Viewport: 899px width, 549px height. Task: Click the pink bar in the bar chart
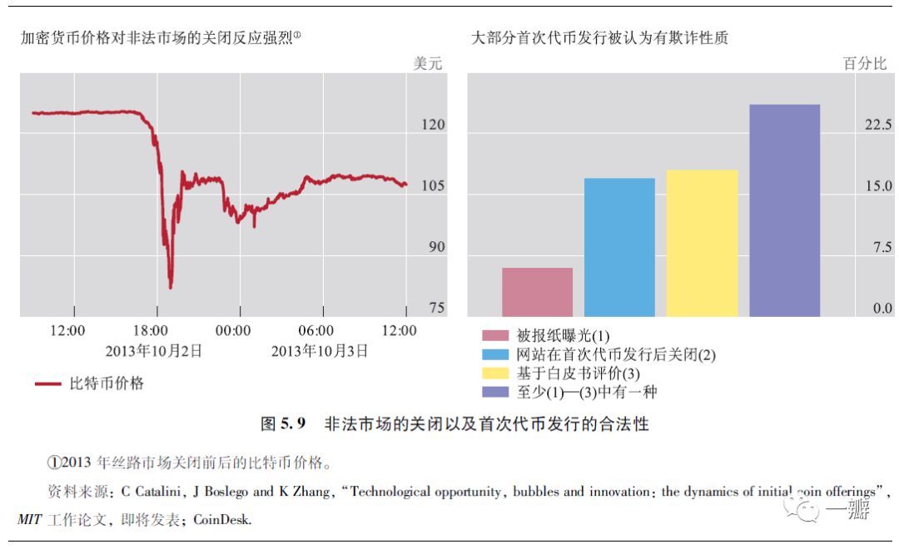point(537,292)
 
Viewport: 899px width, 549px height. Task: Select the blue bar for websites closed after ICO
point(619,247)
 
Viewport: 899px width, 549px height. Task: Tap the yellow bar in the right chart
point(702,243)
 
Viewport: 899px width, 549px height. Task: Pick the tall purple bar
point(784,210)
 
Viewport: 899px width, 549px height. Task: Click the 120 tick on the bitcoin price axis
point(432,125)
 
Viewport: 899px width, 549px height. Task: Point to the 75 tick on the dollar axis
point(436,309)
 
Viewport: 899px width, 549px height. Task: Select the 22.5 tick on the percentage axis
point(877,125)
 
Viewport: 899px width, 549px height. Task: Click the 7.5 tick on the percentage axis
point(881,247)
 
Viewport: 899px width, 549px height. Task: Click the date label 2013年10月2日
point(153,351)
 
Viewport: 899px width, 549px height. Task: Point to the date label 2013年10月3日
point(320,351)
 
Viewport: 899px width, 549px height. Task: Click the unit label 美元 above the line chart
point(428,63)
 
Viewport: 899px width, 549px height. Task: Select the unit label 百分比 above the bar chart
point(865,63)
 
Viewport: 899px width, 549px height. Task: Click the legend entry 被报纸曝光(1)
point(563,336)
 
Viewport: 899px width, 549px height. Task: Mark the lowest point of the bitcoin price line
point(171,288)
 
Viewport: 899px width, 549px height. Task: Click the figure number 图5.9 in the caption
point(284,424)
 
